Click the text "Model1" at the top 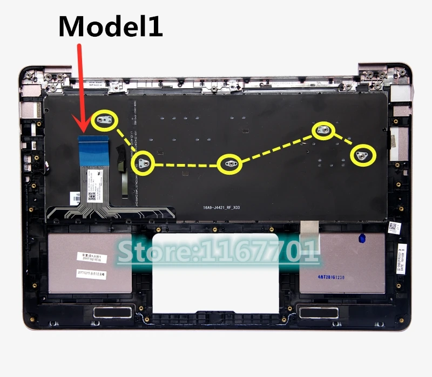[110, 25]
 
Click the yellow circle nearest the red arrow [105, 121]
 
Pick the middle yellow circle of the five [230, 164]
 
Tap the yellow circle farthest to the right [363, 155]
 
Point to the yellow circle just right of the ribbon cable [144, 162]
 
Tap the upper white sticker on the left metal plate [96, 257]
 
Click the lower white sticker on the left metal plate [96, 273]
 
